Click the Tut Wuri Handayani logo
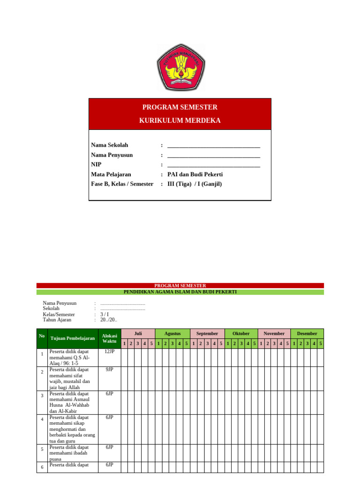tap(180, 67)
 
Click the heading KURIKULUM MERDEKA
tap(180, 120)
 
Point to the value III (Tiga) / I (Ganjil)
tap(195, 184)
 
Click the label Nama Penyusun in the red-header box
tap(112, 155)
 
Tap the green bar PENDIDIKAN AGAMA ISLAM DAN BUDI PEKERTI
tap(180, 292)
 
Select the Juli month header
tap(138, 333)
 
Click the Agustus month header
tap(172, 333)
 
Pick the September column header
tap(207, 333)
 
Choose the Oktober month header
tap(241, 333)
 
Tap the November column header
tap(274, 333)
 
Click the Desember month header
tap(307, 333)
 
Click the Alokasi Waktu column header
tap(109, 338)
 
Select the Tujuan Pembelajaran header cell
tap(73, 338)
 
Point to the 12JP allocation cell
tap(109, 352)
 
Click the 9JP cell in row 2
tap(109, 370)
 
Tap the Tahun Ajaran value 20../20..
tap(109, 320)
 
